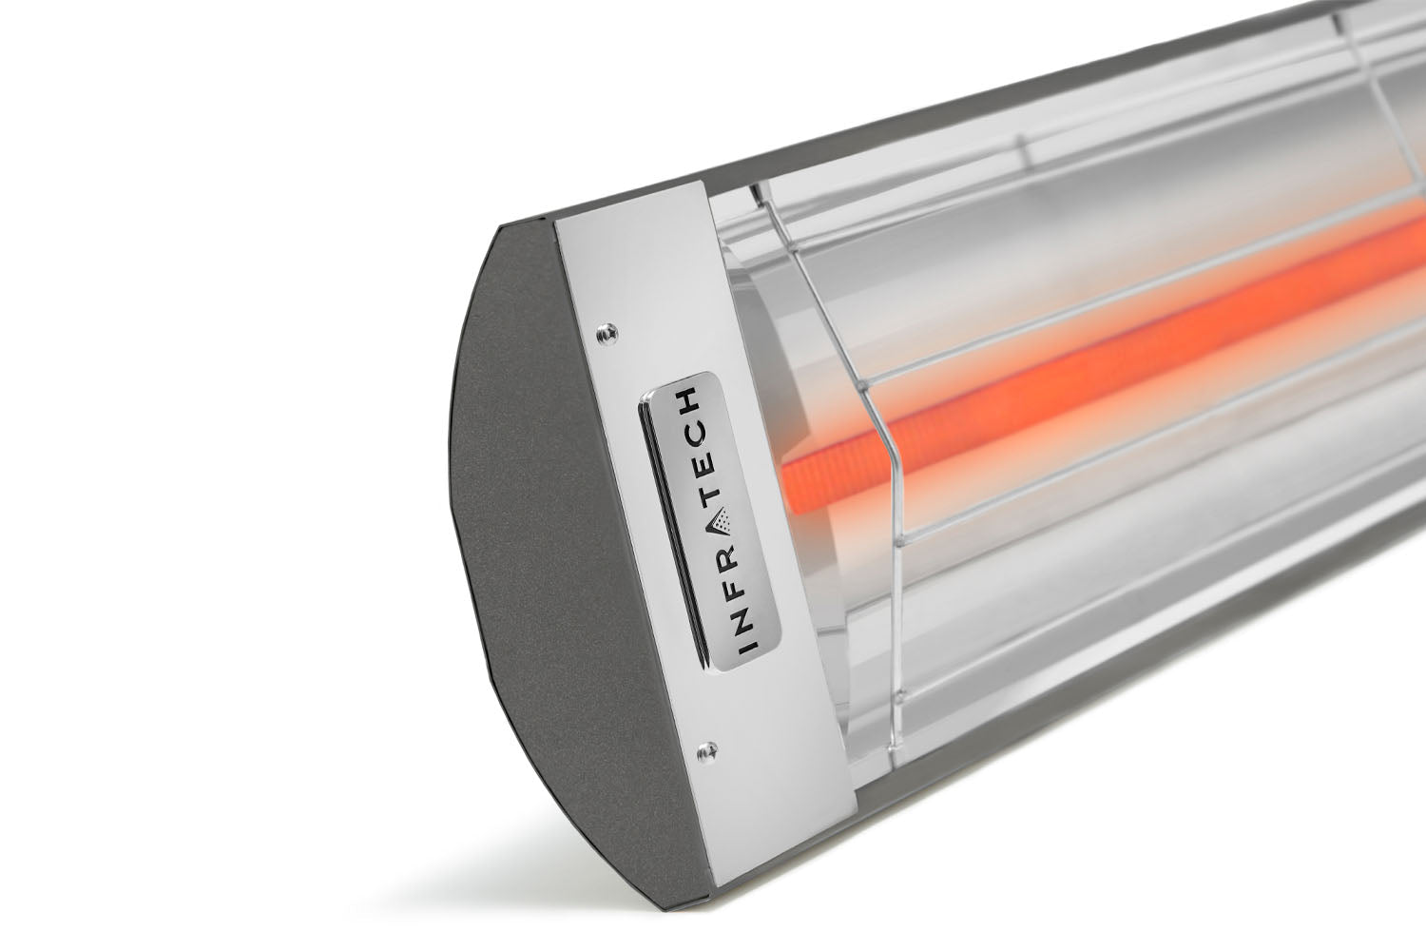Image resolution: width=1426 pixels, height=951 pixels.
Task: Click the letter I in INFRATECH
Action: [748, 646]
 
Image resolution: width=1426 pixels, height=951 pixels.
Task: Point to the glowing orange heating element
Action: [1093, 352]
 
